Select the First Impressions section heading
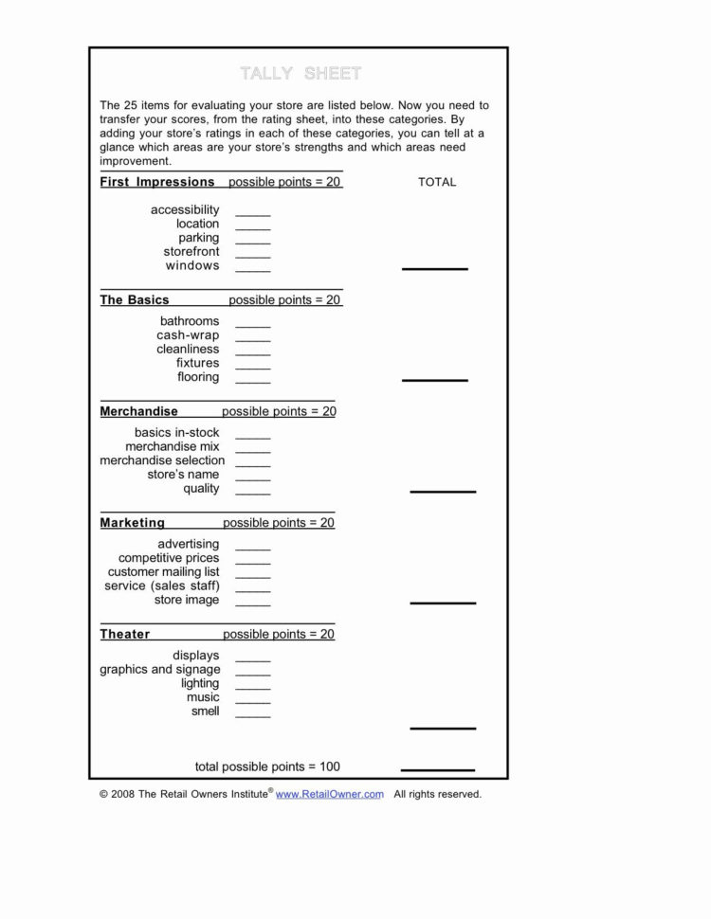tap(157, 182)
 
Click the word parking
tap(198, 238)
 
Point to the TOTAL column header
tap(437, 182)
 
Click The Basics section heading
tap(135, 300)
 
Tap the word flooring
tap(198, 377)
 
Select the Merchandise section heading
tap(138, 412)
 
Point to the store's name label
tap(183, 475)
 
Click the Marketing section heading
tap(133, 523)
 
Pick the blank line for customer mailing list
tap(253, 576)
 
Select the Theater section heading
tap(125, 635)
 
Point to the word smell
tap(205, 712)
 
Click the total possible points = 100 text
tap(267, 766)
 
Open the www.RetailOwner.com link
tap(329, 795)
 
